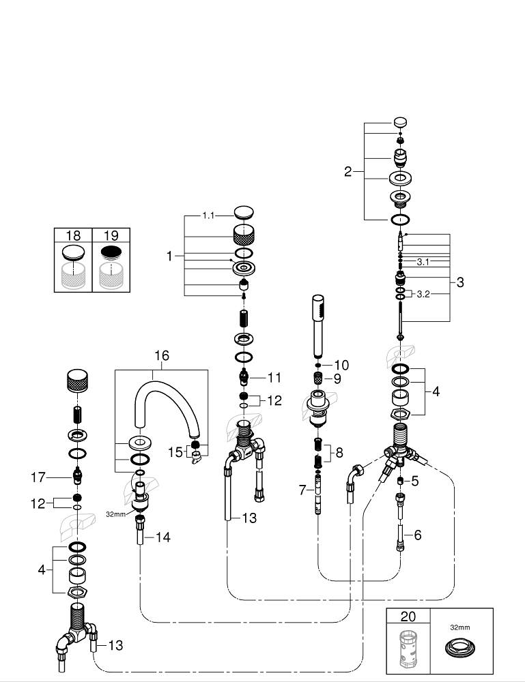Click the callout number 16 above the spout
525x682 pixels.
[162, 355]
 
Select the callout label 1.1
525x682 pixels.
[208, 216]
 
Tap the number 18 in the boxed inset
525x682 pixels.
[73, 235]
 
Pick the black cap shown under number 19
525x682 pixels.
[111, 252]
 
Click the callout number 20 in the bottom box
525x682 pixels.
[408, 617]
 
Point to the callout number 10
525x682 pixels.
[341, 365]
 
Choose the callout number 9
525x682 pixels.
[337, 379]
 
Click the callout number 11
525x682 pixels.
[274, 378]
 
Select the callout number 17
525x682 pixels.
[38, 477]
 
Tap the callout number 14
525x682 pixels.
[162, 537]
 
